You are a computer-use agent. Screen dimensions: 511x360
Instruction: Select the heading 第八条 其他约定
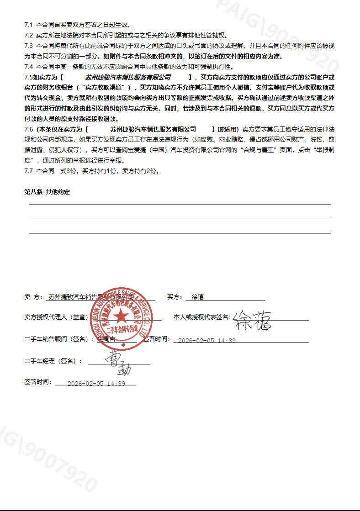coord(48,192)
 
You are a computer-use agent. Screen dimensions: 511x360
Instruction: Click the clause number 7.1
coord(28,24)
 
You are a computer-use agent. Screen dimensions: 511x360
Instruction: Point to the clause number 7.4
coord(28,67)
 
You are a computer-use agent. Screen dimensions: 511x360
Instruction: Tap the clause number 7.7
coord(28,171)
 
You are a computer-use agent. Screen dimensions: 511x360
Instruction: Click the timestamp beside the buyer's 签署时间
coord(206,341)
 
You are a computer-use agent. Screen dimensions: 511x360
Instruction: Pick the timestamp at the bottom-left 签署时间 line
coord(96,384)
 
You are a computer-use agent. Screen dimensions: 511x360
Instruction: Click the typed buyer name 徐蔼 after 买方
coord(197,297)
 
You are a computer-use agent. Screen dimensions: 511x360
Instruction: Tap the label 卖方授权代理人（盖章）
coord(56,317)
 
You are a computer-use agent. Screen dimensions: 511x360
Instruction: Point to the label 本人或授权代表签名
coord(201,317)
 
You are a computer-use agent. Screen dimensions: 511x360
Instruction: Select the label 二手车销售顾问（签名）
coord(59,339)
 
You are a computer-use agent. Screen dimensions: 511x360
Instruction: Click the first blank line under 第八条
coord(180,205)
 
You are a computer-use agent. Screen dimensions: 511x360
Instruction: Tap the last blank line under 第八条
coord(180,233)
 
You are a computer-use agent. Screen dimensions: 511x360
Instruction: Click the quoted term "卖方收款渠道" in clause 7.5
coord(106,88)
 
